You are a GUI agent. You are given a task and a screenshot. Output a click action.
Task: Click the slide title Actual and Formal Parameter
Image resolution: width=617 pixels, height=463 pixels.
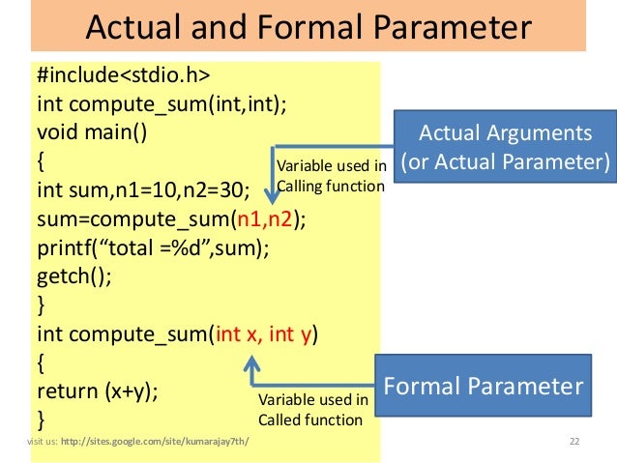[x=308, y=26]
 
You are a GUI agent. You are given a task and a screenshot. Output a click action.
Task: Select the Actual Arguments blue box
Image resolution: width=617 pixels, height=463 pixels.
[x=507, y=146]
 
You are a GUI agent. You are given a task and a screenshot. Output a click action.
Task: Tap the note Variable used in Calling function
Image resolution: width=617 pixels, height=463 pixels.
[x=331, y=175]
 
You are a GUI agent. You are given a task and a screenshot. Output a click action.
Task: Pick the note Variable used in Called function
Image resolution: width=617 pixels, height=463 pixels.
[x=312, y=409]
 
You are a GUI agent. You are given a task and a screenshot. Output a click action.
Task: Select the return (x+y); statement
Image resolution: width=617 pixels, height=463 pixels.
[x=98, y=391]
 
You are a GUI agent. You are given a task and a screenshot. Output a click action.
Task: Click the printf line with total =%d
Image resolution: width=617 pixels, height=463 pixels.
[x=152, y=247]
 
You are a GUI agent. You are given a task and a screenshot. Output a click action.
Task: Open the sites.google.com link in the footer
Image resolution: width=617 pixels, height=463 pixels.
[x=154, y=443]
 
